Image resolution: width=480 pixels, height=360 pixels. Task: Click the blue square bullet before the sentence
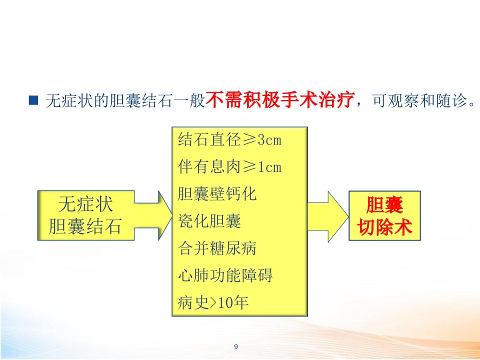(33, 100)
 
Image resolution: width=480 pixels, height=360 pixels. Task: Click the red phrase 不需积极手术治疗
(280, 100)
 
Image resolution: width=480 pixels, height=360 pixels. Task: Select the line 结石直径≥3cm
(229, 139)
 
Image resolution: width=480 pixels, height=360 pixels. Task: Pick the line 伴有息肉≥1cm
(229, 166)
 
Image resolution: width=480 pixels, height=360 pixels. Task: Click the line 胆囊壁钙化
(217, 194)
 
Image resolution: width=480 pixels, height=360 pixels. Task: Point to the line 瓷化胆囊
(209, 220)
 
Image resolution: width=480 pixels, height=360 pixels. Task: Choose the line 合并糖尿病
(217, 247)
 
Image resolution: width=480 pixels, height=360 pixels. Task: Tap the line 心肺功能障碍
(225, 275)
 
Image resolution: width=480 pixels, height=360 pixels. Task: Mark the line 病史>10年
(213, 302)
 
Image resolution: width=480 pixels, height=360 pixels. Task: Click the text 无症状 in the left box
(85, 204)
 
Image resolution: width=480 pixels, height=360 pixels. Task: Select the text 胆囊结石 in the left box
(85, 226)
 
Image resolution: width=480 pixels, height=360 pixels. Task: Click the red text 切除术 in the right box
(385, 227)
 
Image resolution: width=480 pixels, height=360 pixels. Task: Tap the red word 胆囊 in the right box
(385, 204)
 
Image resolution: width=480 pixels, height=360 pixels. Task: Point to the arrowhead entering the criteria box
(165, 215)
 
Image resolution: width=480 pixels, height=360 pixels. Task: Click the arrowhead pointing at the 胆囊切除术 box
(338, 216)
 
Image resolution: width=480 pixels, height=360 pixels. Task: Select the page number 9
(236, 346)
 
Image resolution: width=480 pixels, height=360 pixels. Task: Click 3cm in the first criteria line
(269, 140)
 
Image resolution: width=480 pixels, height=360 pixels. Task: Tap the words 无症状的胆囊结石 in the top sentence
(109, 100)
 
